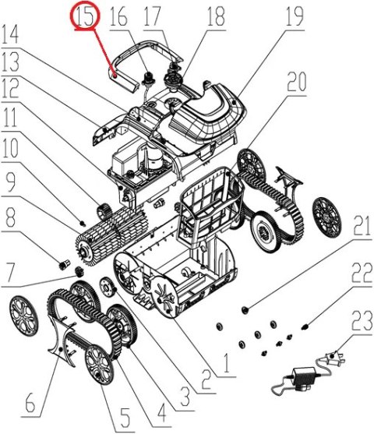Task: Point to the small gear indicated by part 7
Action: pyautogui.click(x=79, y=273)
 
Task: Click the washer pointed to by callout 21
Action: pyautogui.click(x=246, y=310)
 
